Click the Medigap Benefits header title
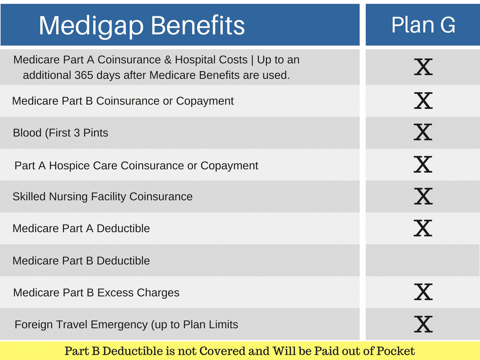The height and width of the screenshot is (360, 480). pos(142,26)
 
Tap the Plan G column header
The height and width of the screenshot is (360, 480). pos(423,24)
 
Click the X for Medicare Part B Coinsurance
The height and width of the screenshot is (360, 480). pos(423,100)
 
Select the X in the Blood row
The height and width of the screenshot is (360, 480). pos(423,132)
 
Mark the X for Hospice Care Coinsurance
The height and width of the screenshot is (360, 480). pos(423,165)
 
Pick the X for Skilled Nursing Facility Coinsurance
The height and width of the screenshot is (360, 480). pos(423,196)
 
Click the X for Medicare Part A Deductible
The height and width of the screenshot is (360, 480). pos(423,228)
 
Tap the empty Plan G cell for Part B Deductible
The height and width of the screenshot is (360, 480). pos(423,260)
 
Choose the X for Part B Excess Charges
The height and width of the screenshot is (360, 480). pos(423,292)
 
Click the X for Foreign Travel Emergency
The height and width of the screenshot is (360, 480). pos(423,324)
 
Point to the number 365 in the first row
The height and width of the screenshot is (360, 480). pos(83,75)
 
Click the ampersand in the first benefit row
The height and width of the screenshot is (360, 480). pos(168,60)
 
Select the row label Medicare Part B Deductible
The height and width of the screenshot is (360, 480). pos(81,261)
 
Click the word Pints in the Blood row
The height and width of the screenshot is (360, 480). pos(96,133)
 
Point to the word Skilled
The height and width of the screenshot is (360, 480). pos(29,196)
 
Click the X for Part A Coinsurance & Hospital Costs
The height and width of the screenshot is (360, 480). pos(423,67)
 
